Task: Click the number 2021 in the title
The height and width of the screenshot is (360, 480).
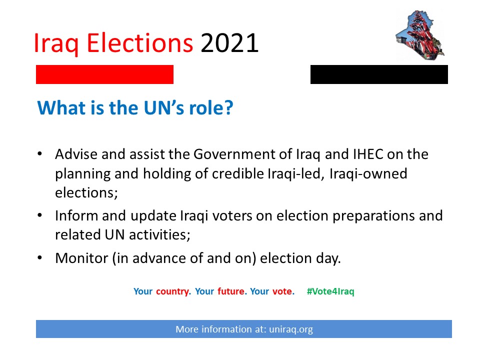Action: coord(229,43)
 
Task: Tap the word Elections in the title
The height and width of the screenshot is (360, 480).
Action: coord(140,43)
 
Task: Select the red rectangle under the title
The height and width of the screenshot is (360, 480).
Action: coord(104,74)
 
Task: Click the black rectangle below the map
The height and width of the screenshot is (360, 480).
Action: coord(379,74)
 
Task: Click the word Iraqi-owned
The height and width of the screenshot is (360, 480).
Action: coord(368,174)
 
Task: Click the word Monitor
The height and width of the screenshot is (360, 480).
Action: coord(81,258)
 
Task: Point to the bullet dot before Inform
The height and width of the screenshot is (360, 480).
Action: coord(40,215)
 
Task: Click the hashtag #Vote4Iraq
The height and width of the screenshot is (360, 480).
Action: coord(330,291)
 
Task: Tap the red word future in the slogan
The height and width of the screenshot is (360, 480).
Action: coord(232,291)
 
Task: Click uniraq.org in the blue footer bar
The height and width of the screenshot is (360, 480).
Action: coord(291,329)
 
